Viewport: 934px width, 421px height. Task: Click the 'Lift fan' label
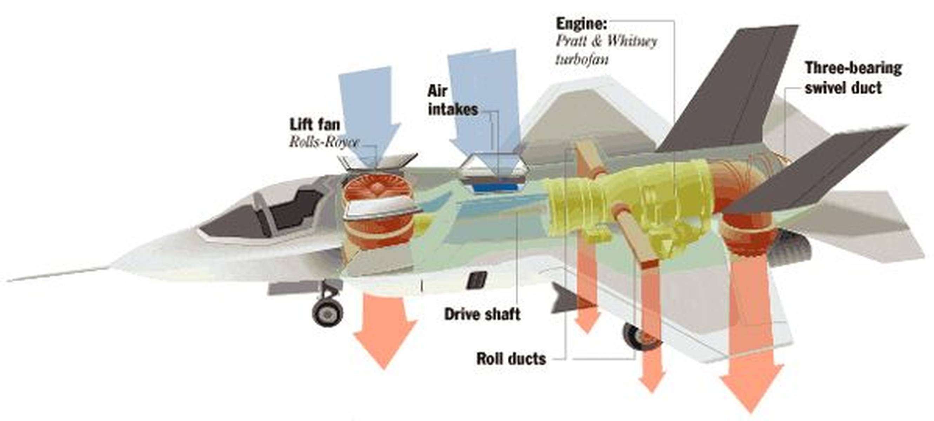[x=315, y=125]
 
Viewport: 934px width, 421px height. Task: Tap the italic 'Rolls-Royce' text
[x=324, y=142]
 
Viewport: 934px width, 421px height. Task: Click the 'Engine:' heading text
[x=582, y=24]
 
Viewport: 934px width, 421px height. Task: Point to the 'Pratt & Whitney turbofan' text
[x=606, y=51]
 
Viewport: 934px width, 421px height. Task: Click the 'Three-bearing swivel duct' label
[x=853, y=78]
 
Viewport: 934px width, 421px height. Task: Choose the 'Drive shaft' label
[x=482, y=314]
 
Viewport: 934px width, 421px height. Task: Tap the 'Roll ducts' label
[x=511, y=359]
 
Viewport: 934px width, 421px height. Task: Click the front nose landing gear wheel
[x=327, y=311]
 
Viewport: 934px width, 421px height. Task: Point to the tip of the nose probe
[x=8, y=281]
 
